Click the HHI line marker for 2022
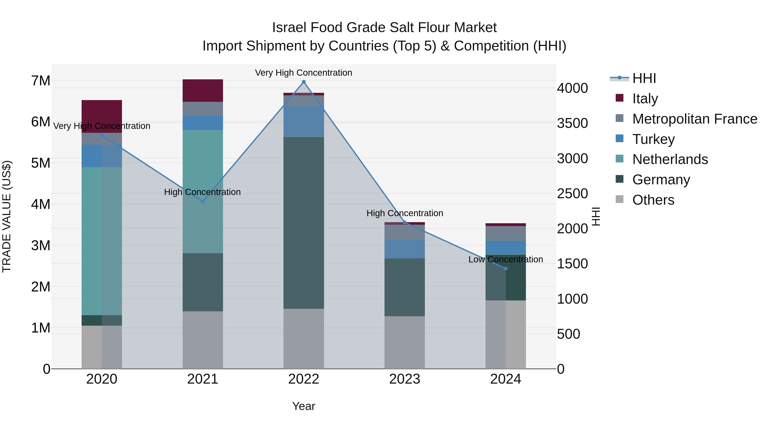[x=304, y=82]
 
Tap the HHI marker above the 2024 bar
[x=505, y=269]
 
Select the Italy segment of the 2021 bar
[x=203, y=90]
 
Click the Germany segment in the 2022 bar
[x=304, y=223]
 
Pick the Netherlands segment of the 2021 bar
[x=203, y=191]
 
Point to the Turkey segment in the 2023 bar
[x=405, y=249]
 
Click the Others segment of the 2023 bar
[x=405, y=343]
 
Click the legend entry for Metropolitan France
[x=694, y=119]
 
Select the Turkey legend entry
[x=653, y=139]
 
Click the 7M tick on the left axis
[x=41, y=81]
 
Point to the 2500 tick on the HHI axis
[x=572, y=194]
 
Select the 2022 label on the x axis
[x=304, y=379]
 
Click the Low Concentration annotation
[x=505, y=259]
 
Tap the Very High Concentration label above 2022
[x=303, y=73]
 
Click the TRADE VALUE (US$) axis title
[x=7, y=216]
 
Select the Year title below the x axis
[x=304, y=406]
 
